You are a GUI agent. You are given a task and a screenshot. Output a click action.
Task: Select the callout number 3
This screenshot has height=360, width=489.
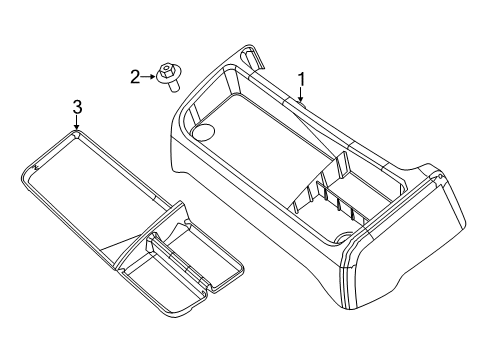point(77,105)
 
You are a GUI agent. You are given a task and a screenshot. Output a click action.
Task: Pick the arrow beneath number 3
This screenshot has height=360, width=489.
point(77,123)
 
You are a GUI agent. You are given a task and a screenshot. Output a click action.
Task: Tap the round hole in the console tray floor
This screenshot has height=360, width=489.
point(203,130)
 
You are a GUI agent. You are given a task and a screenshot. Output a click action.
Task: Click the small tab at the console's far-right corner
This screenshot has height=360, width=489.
point(437,177)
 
